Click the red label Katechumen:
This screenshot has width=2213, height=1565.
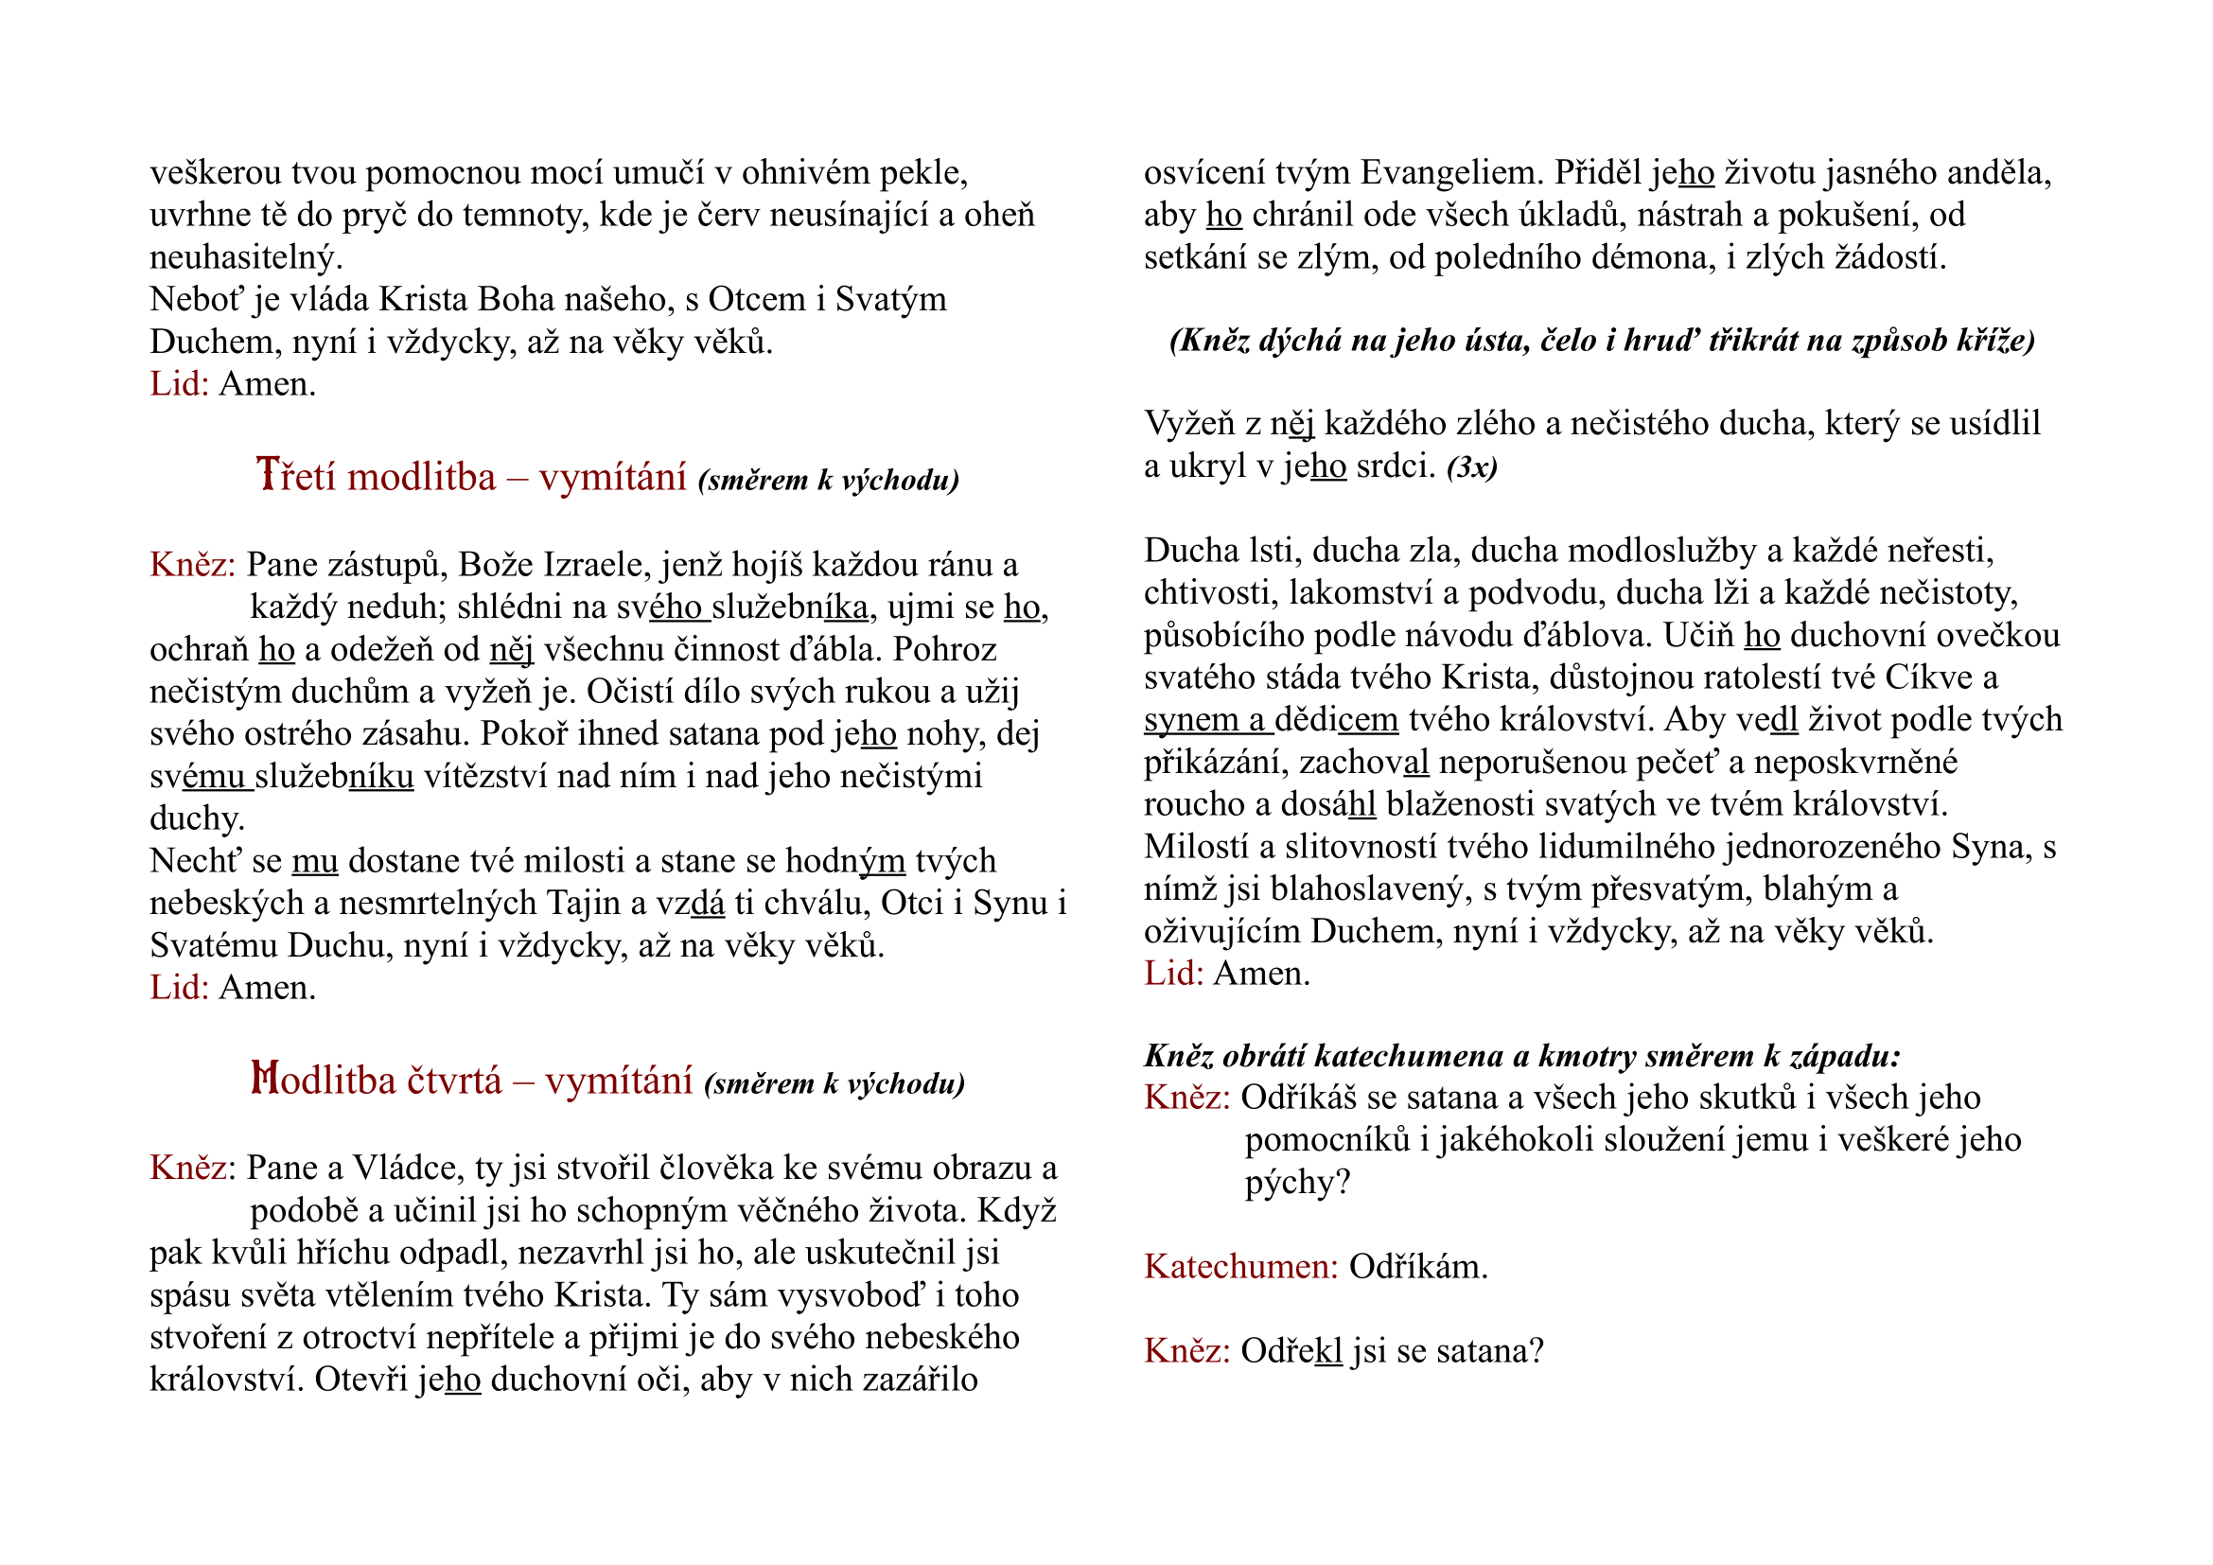(x=1240, y=1266)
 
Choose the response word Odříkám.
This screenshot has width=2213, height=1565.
(x=1418, y=1266)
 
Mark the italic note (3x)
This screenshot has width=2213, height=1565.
(x=1472, y=467)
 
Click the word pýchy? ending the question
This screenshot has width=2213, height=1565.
(x=1297, y=1183)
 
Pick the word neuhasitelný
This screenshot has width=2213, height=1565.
(x=246, y=257)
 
